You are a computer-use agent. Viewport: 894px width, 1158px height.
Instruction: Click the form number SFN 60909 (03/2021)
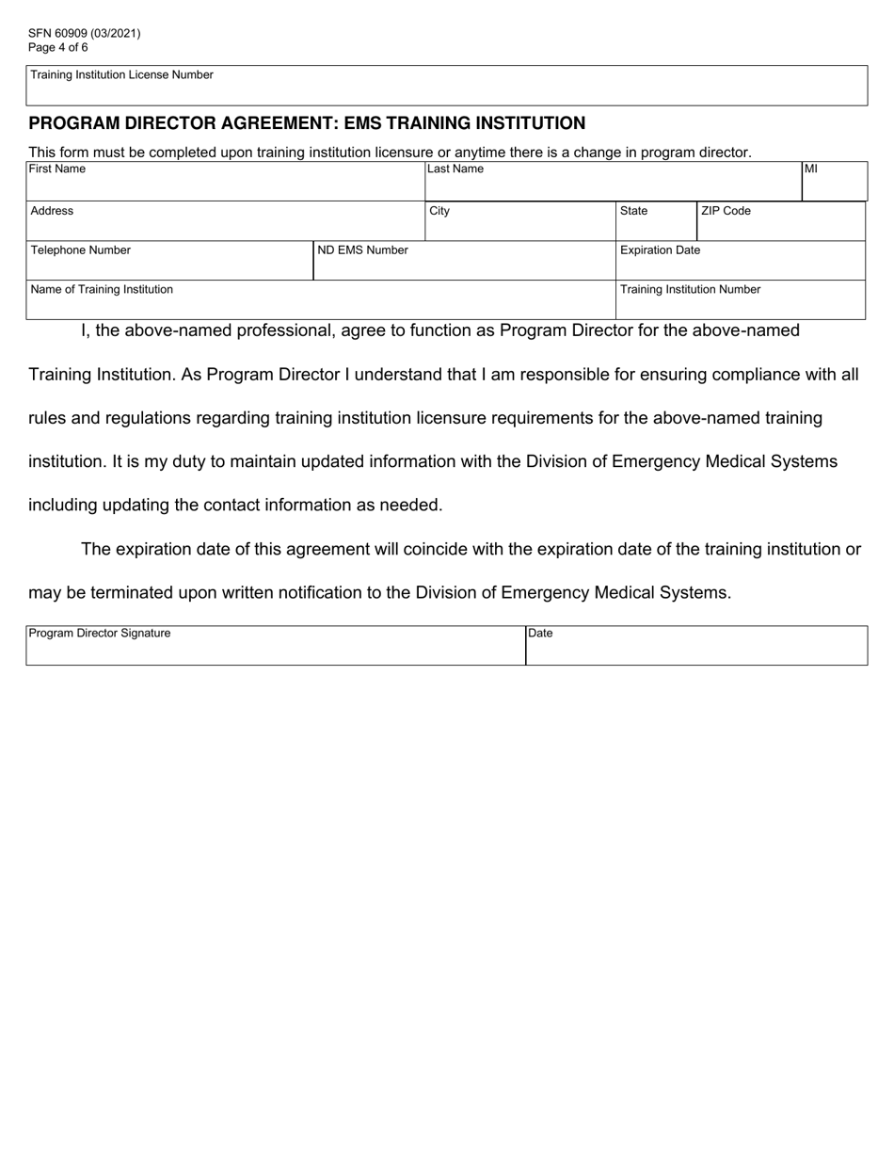tap(85, 33)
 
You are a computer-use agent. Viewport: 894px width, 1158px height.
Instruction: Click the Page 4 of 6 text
tap(58, 47)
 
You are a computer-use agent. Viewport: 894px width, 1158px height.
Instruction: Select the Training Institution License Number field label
tap(121, 75)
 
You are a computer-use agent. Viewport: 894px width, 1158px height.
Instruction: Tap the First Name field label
tap(56, 169)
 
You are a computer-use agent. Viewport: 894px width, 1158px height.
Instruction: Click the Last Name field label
tap(455, 169)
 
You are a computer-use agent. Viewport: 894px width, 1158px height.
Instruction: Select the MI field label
tap(810, 169)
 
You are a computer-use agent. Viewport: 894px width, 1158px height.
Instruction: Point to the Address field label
tap(52, 211)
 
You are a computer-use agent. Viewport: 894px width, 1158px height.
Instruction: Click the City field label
tap(439, 211)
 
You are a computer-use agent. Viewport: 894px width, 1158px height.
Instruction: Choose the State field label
tap(633, 211)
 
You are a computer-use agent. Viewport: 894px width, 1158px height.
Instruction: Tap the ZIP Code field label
tap(726, 211)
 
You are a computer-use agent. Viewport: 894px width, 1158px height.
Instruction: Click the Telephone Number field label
tap(81, 250)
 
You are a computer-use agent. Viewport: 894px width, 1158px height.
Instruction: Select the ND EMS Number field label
tap(363, 250)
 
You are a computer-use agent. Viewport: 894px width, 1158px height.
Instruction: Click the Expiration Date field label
tap(660, 250)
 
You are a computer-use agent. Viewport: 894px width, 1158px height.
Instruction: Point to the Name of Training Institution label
tap(102, 290)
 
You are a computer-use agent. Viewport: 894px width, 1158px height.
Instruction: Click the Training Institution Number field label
tap(690, 290)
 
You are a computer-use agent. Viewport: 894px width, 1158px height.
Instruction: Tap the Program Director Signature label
tap(100, 634)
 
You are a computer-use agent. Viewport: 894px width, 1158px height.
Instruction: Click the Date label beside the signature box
tap(540, 634)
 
